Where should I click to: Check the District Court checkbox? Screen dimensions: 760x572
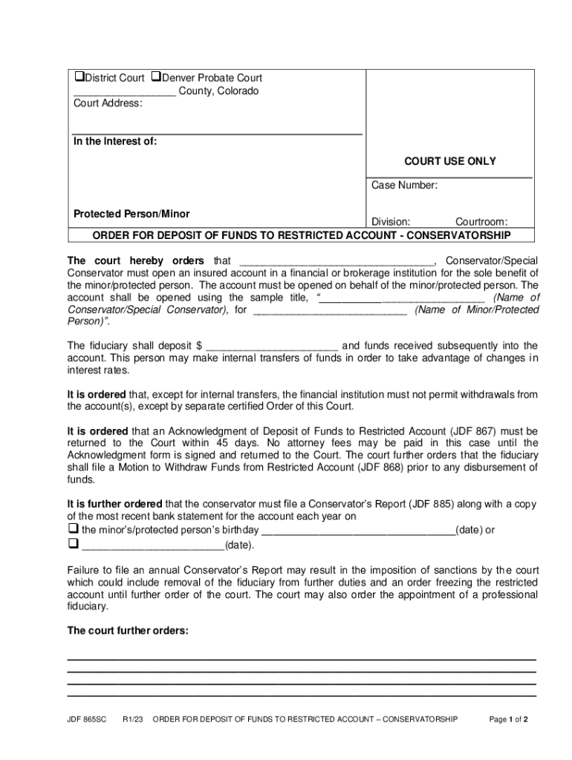78,78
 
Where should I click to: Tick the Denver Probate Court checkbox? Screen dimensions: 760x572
156,78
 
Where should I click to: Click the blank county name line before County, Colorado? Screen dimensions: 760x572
124,92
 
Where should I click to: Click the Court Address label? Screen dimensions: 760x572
107,104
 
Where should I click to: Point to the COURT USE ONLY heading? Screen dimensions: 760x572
449,161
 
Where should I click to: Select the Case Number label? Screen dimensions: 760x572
404,186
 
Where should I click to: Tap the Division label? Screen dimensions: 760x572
391,222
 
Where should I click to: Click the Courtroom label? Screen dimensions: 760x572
481,222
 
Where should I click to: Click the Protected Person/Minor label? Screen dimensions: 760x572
131,214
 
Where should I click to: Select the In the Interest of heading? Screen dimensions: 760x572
115,142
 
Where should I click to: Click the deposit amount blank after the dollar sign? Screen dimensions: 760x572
273,346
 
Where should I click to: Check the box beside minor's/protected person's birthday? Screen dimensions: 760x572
73,529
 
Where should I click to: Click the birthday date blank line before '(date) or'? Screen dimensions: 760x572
359,530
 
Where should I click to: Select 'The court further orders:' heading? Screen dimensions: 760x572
128,631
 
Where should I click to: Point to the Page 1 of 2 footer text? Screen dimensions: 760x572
508,719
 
